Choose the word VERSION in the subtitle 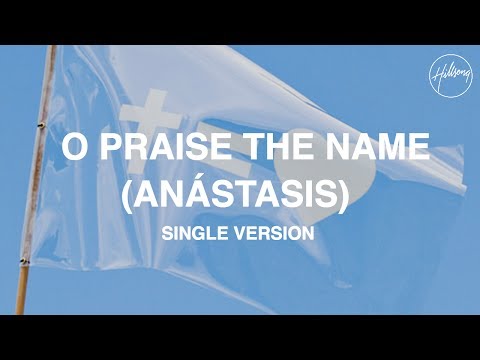click(277, 232)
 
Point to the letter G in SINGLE click(210, 232)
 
